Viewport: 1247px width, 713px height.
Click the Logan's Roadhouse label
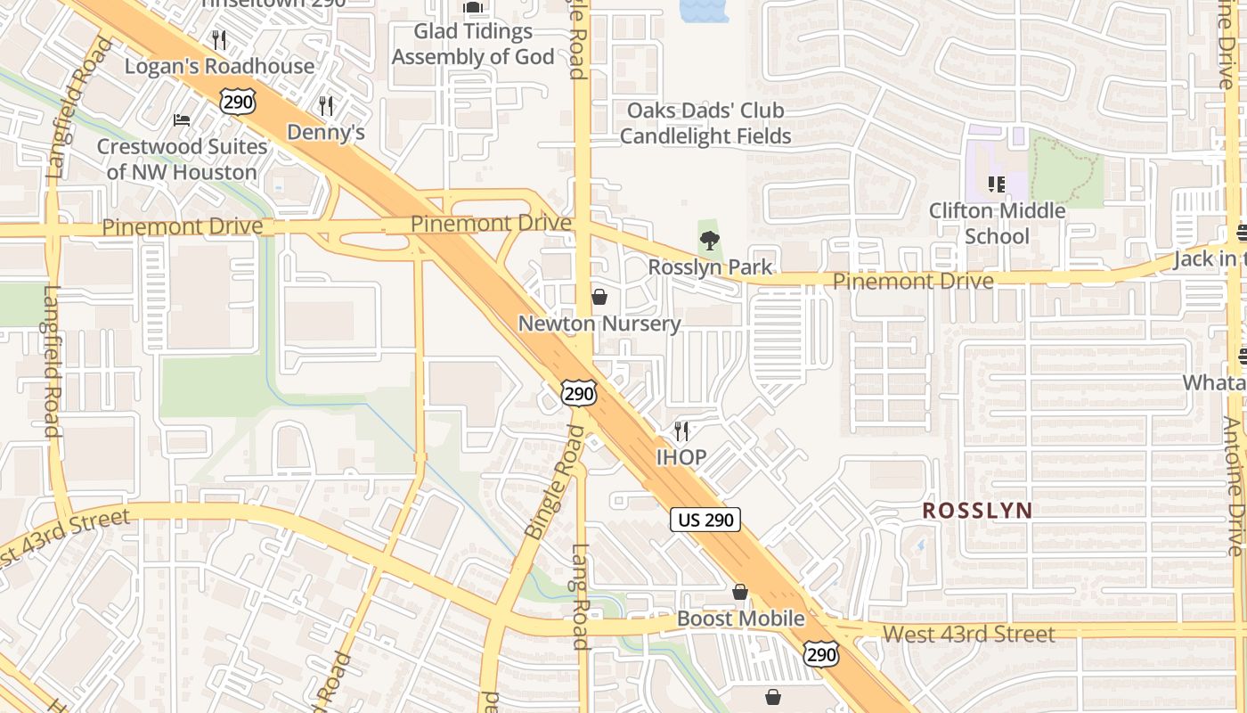point(219,67)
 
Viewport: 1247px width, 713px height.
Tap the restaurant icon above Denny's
point(326,106)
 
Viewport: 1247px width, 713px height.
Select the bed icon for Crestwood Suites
point(182,120)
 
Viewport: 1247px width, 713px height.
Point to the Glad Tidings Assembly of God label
point(473,45)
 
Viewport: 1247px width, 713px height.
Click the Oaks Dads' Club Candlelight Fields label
point(705,123)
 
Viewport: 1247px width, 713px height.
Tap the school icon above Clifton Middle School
point(996,184)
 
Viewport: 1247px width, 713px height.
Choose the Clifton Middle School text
point(997,224)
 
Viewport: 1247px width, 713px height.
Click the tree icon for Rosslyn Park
point(709,240)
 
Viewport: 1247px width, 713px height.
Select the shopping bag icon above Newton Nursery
point(599,297)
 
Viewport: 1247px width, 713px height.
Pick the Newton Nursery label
point(599,324)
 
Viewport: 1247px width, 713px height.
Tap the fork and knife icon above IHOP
point(681,431)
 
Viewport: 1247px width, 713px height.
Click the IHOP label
point(681,458)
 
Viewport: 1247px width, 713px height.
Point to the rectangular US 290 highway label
point(705,520)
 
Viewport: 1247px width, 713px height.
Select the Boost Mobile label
point(741,619)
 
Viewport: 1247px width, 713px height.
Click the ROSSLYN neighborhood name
point(977,511)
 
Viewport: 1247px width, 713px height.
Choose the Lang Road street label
point(581,596)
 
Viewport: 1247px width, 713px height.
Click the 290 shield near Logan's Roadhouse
point(238,102)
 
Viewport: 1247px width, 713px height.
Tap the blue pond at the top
point(704,10)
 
